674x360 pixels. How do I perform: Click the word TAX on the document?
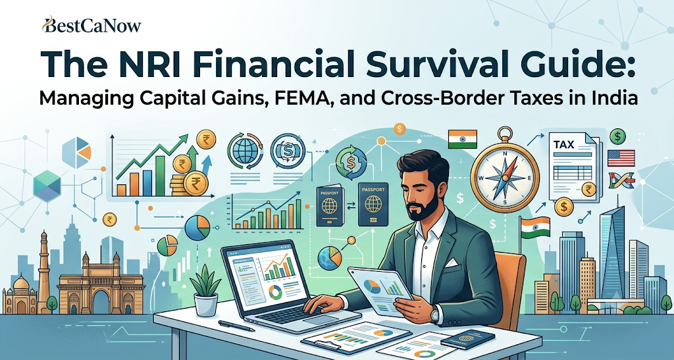(564, 145)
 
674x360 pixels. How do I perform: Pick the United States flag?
(621, 158)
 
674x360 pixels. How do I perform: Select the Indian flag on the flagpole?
(534, 227)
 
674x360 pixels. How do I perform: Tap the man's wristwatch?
(435, 315)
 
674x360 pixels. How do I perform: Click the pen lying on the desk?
(236, 326)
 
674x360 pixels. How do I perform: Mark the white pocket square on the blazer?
(452, 262)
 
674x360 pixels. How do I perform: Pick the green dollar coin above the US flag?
(617, 137)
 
